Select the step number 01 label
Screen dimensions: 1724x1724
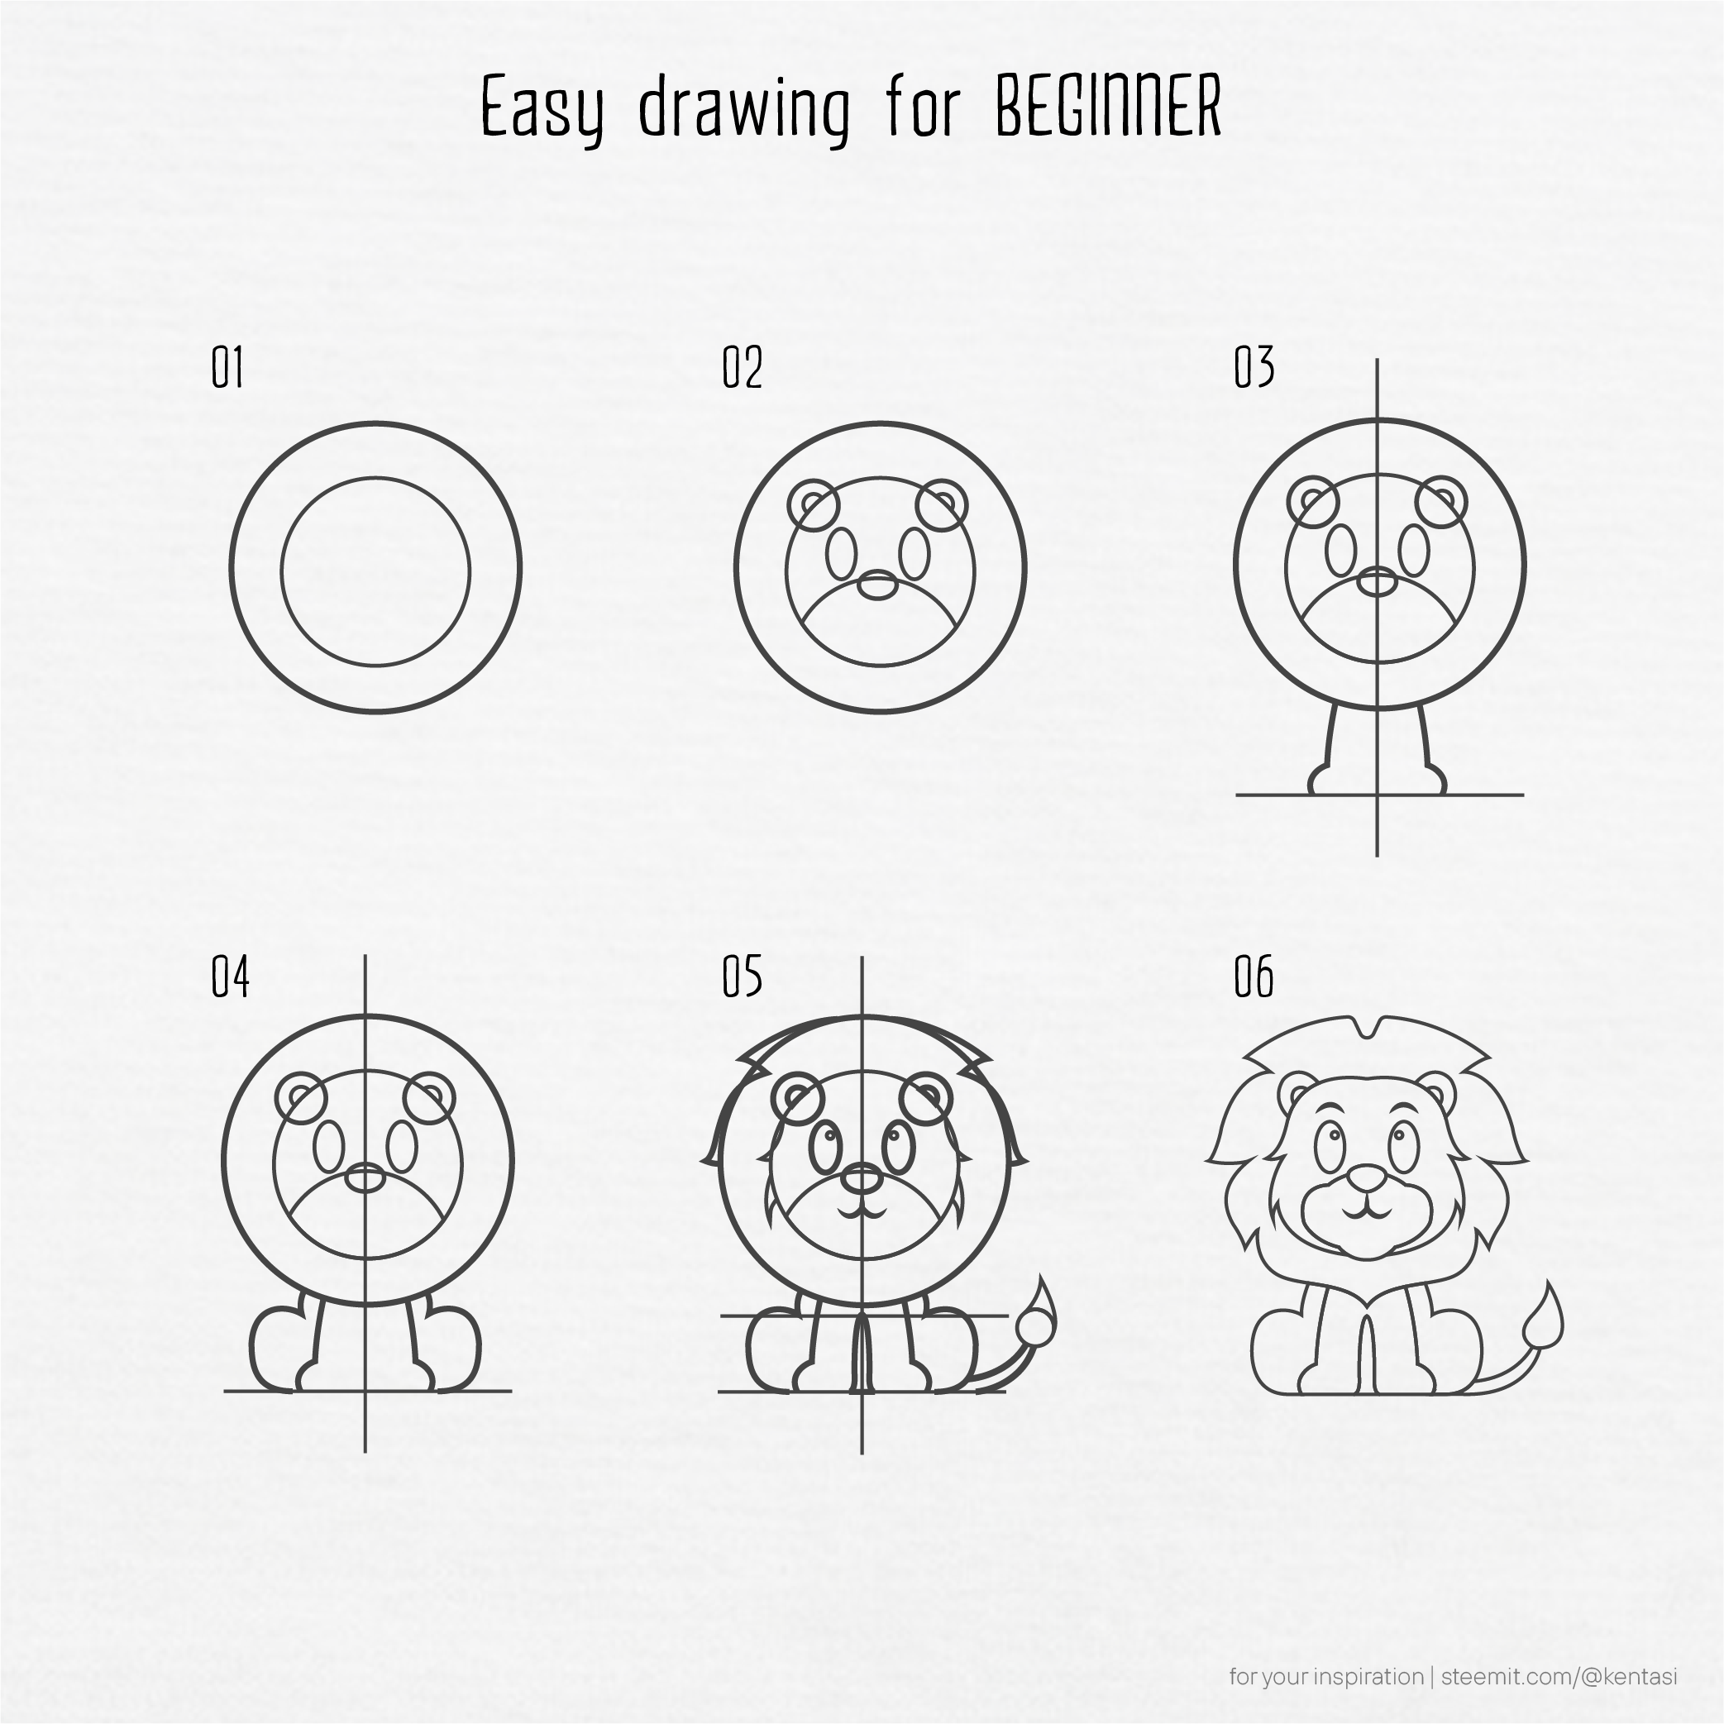[227, 368]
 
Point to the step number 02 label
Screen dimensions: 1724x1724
[742, 368]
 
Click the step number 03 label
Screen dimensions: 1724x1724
[1254, 368]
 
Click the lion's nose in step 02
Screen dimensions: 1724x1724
[879, 585]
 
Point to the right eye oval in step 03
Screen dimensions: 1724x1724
[1413, 550]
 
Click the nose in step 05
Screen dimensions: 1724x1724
[861, 1178]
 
